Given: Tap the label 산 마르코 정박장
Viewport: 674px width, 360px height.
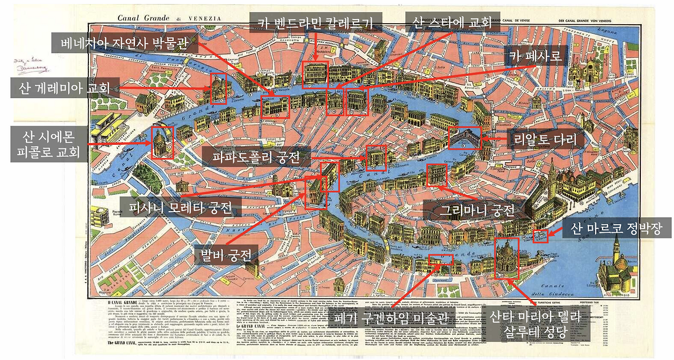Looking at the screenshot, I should [614, 228].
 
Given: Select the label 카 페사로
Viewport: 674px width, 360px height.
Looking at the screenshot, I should [534, 55].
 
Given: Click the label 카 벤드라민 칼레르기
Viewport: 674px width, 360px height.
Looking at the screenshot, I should [315, 23].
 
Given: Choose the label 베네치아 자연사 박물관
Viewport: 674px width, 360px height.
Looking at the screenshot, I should [125, 43].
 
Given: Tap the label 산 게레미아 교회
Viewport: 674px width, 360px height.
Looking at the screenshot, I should [64, 87].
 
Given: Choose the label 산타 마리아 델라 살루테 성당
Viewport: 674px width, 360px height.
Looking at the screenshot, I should [534, 325].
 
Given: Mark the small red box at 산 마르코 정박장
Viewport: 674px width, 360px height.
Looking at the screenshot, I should [541, 236].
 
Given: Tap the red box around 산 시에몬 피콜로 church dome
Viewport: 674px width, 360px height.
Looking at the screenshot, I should [162, 143].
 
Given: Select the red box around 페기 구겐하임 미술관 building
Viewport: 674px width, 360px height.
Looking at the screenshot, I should [441, 259].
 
